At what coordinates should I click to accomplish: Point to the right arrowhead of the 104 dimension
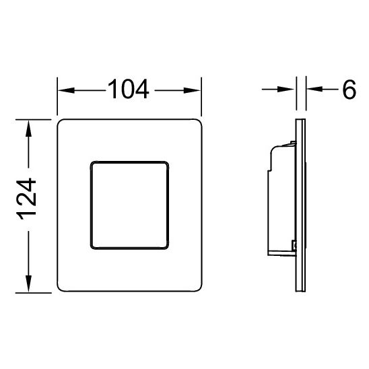[x=195, y=91]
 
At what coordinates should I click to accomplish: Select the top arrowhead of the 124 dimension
[x=28, y=127]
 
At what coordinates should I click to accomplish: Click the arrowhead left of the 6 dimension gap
[x=291, y=91]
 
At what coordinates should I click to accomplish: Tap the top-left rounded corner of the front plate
[x=63, y=124]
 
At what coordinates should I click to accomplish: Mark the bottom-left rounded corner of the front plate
[x=63, y=288]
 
